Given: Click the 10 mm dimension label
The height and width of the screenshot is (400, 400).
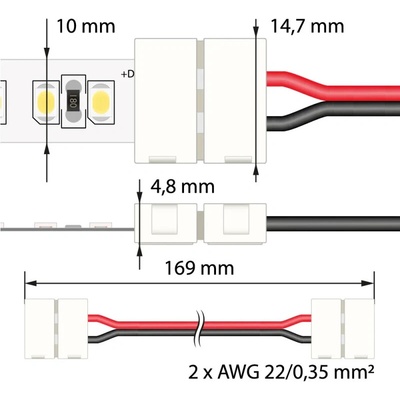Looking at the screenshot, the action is (x=86, y=26).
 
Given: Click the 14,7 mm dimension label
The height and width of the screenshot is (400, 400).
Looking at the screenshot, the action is (x=307, y=27).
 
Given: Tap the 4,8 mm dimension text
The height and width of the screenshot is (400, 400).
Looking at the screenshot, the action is (x=183, y=187).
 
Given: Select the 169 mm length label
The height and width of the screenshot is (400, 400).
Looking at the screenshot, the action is (x=199, y=268).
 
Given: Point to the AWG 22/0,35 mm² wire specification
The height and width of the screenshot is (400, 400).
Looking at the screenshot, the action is (x=281, y=372).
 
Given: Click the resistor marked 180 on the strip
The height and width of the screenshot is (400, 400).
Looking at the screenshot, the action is (x=74, y=101).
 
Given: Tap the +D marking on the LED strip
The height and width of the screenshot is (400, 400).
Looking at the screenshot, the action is (x=128, y=74).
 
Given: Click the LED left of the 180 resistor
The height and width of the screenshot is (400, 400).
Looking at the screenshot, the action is (x=46, y=100).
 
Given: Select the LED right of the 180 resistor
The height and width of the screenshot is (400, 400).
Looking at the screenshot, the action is (x=101, y=100).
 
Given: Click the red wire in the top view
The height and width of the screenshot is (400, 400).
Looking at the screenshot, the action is (x=333, y=86).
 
